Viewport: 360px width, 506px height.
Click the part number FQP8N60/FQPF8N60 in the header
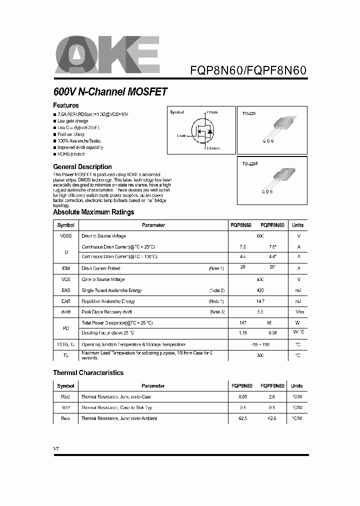coord(248,70)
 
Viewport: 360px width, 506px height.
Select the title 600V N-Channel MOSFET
coord(110,92)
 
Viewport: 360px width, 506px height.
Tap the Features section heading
coord(66,105)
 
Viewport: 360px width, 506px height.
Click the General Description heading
coord(82,166)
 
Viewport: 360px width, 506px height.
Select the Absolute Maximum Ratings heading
coord(93,212)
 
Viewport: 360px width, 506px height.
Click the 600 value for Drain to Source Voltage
coord(259,236)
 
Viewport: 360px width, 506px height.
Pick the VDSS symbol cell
coord(66,236)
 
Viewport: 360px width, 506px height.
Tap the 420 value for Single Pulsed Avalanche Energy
coord(259,290)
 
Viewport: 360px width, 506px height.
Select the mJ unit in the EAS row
coord(298,290)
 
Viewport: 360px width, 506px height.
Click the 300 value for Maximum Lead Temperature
coord(259,355)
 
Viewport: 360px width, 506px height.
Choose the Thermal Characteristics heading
coord(88,372)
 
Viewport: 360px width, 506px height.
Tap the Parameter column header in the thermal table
coord(153,386)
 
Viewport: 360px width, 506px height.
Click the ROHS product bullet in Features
coord(71,154)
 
